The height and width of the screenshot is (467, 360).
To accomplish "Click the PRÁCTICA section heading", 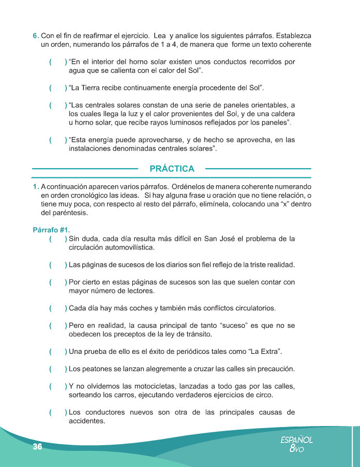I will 172,169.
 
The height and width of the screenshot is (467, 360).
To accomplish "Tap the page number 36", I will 37,447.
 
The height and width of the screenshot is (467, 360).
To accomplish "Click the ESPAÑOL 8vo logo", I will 297,445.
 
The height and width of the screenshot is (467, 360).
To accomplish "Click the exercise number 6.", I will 35,36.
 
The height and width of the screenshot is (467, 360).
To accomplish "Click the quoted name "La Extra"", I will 265,352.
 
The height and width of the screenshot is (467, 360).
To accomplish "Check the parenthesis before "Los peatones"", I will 58,369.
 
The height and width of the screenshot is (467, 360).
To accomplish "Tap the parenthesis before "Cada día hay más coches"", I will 58,308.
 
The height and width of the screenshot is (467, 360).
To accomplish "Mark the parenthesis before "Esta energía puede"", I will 58,140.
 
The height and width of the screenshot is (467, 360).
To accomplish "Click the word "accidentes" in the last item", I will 87,421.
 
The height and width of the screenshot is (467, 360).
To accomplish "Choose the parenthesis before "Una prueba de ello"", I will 58,352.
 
